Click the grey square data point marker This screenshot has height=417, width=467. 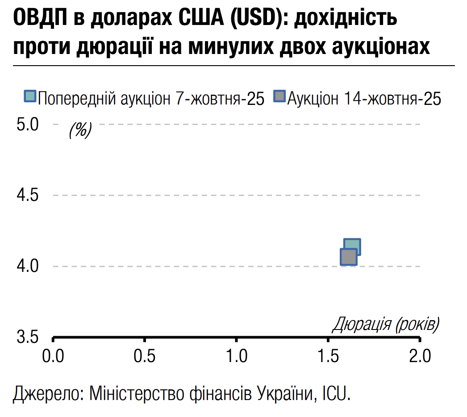(349, 257)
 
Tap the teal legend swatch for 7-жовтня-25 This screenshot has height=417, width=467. (30, 97)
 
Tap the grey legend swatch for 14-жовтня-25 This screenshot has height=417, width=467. (279, 97)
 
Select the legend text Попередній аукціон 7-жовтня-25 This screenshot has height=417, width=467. (151, 98)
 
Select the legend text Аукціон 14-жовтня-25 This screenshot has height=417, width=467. (364, 98)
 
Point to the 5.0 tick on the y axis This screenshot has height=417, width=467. (28, 124)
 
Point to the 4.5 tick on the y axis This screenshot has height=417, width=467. (28, 195)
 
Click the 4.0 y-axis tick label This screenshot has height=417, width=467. (28, 267)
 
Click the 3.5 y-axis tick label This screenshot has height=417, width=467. (28, 337)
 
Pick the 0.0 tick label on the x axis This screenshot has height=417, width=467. (54, 356)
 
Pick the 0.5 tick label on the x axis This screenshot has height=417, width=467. (145, 356)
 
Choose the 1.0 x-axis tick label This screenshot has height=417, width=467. (237, 356)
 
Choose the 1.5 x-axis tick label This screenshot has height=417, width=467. (329, 356)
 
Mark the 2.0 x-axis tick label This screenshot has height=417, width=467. (420, 356)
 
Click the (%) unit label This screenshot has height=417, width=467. (80, 130)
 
